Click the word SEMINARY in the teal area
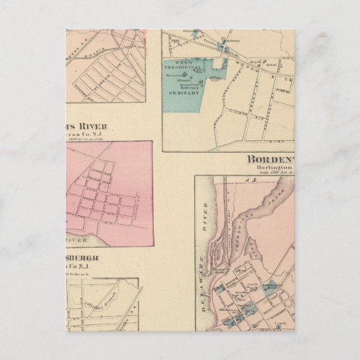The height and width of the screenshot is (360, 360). [x=188, y=93]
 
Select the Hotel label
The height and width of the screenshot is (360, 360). [x=272, y=65]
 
